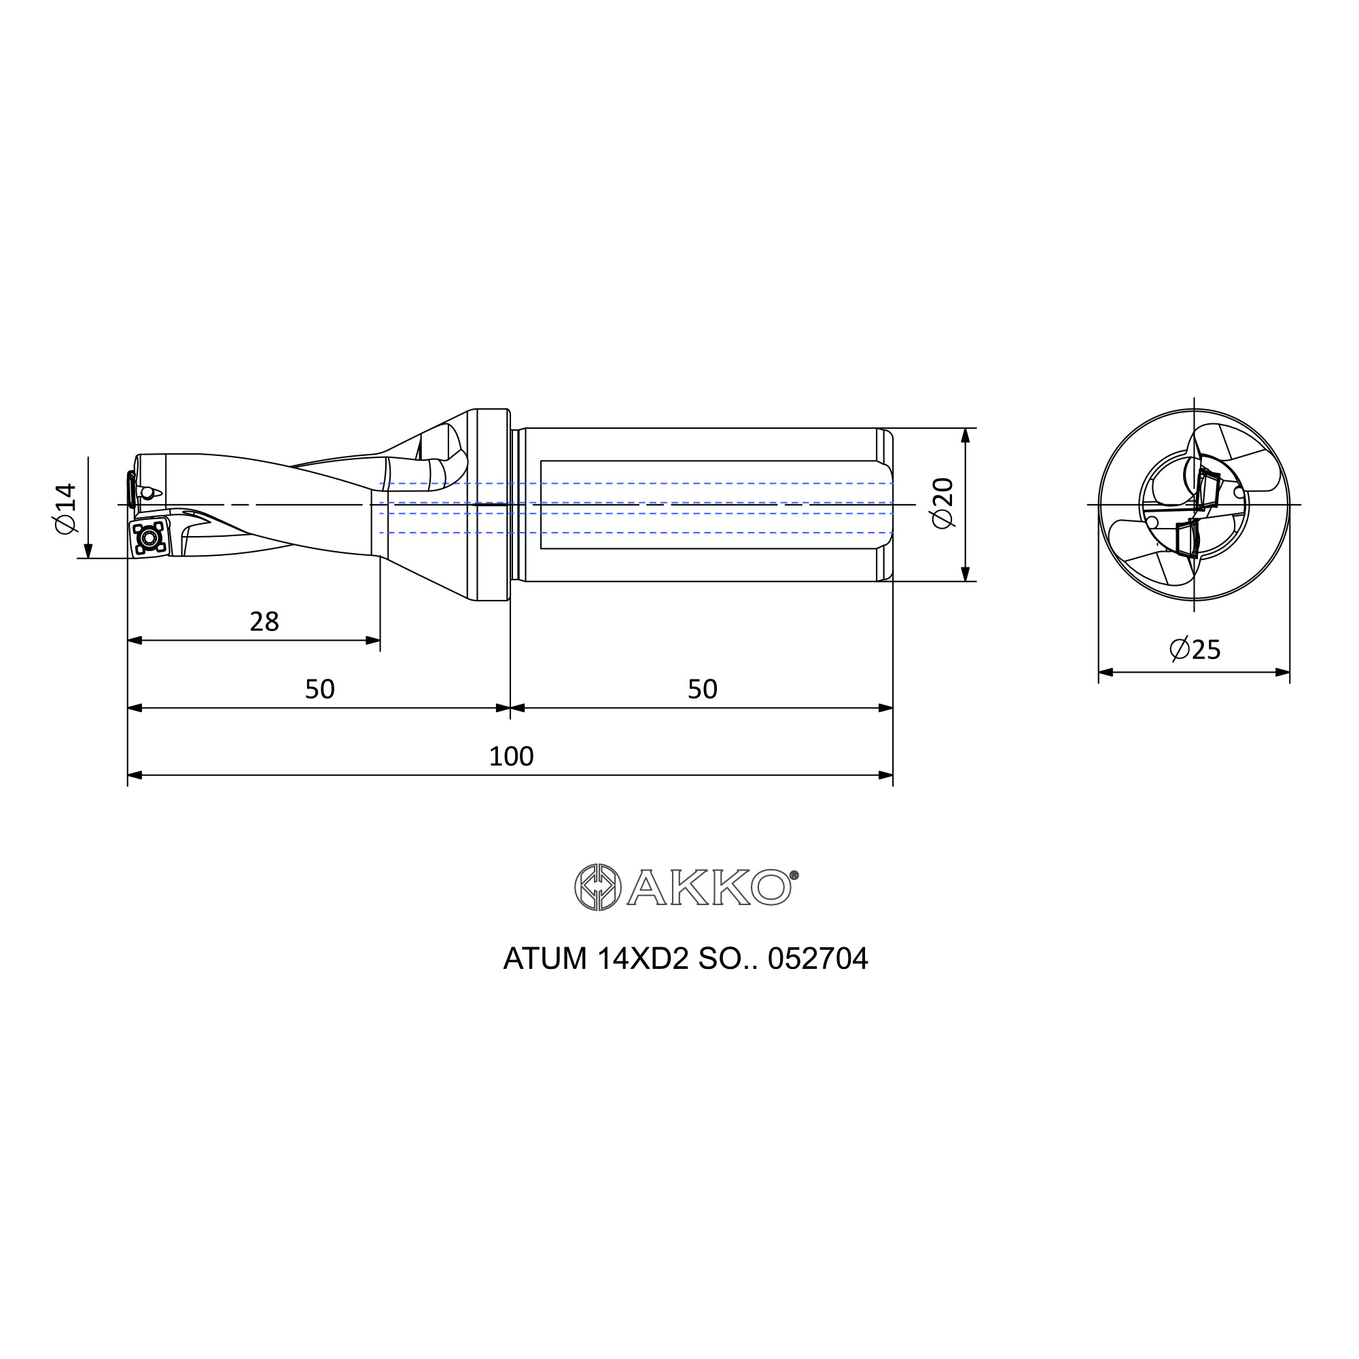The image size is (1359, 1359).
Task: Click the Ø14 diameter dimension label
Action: coord(65,508)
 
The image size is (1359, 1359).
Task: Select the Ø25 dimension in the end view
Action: coord(1195,648)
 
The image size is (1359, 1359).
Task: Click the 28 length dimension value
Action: coord(264,622)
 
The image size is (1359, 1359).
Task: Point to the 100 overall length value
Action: coord(512,756)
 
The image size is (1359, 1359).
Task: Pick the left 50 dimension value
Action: coord(320,689)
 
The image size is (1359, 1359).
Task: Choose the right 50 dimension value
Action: coord(703,689)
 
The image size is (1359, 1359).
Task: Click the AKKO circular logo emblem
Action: coord(598,887)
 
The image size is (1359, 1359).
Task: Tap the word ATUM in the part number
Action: coord(545,959)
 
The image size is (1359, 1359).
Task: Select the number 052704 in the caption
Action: coord(818,959)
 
